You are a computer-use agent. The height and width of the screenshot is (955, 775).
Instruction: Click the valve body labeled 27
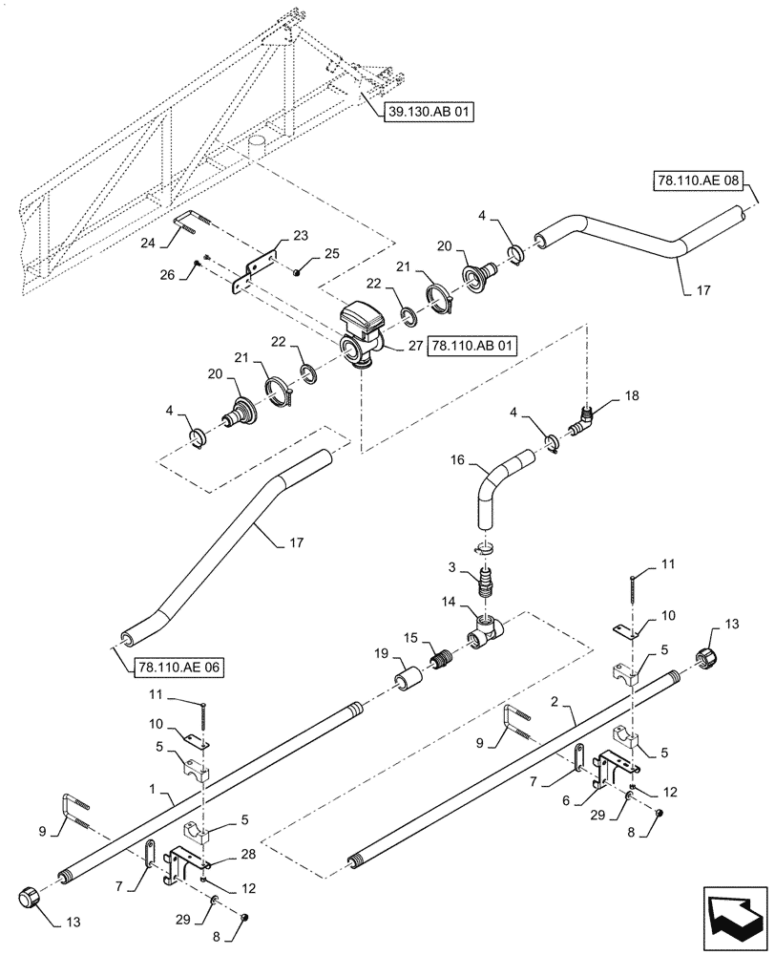[x=360, y=334]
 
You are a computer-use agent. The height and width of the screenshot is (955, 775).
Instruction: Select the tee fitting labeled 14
[x=488, y=629]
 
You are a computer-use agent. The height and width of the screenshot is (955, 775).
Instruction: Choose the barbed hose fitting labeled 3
[x=488, y=582]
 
